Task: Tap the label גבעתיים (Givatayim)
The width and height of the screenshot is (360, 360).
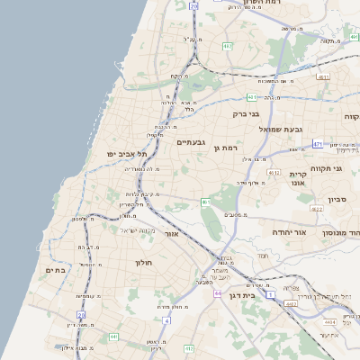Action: click(x=192, y=142)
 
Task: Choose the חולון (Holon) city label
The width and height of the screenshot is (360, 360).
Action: click(x=145, y=263)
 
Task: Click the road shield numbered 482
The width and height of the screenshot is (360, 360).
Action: click(x=228, y=46)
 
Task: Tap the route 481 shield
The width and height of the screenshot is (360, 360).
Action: click(x=252, y=97)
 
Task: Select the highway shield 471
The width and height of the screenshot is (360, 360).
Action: click(x=318, y=144)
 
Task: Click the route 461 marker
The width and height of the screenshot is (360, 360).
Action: click(x=205, y=202)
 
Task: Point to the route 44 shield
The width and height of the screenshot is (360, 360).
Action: click(x=217, y=294)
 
